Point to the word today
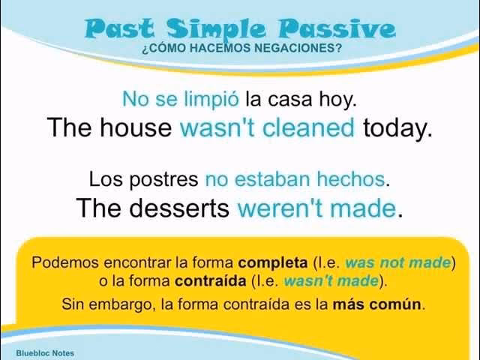tap(397, 127)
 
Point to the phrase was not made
tap(397, 263)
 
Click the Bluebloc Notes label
tap(45, 352)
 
